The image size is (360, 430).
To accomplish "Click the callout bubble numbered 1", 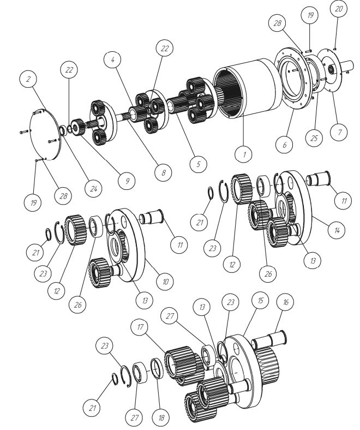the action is pyautogui.click(x=244, y=154).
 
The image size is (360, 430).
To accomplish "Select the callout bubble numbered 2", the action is pyautogui.click(x=28, y=79).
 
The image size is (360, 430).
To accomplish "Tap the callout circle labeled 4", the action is pyautogui.click(x=113, y=59).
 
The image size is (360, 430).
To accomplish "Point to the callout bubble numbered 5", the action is pyautogui.click(x=198, y=164).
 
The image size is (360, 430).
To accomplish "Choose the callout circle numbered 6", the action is pyautogui.click(x=284, y=144).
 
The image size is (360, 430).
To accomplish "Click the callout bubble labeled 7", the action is pyautogui.click(x=339, y=132).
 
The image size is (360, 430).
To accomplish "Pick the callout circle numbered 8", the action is pyautogui.click(x=163, y=172).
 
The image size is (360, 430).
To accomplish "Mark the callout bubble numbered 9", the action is pyautogui.click(x=127, y=181).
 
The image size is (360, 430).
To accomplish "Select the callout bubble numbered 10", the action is pyautogui.click(x=165, y=282).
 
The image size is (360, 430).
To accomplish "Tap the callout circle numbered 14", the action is pyautogui.click(x=337, y=230).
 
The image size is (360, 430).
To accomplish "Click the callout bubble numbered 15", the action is pyautogui.click(x=260, y=300).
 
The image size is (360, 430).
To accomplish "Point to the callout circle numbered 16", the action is pyautogui.click(x=285, y=302).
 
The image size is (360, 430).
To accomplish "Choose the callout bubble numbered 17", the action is pyautogui.click(x=140, y=327).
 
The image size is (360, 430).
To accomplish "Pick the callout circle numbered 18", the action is pyautogui.click(x=161, y=417).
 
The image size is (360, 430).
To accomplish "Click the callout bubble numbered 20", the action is pyautogui.click(x=338, y=9).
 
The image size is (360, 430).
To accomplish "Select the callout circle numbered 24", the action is pyautogui.click(x=93, y=188).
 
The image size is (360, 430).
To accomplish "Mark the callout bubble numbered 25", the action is pyautogui.click(x=314, y=138).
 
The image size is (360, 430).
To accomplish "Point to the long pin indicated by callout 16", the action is pyautogui.click(x=269, y=338).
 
